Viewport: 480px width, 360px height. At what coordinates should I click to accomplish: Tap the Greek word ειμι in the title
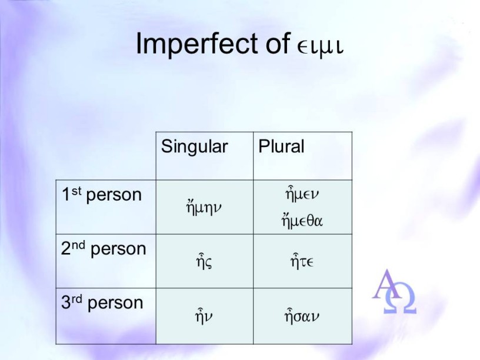pyautogui.click(x=320, y=48)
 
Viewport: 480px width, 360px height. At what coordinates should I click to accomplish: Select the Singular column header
pyautogui.click(x=194, y=146)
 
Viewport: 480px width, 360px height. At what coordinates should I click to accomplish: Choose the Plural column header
pyautogui.click(x=281, y=146)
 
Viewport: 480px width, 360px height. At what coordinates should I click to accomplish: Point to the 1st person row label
pyautogui.click(x=102, y=194)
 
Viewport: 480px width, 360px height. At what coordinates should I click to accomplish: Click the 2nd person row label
pyautogui.click(x=104, y=248)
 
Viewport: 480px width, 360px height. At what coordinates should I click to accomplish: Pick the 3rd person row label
pyautogui.click(x=102, y=302)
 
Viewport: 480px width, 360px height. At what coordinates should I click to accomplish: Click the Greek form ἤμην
pyautogui.click(x=204, y=207)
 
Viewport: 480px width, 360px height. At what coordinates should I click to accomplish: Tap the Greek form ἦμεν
pyautogui.click(x=302, y=194)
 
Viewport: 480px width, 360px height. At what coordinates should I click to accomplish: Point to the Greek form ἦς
pyautogui.click(x=204, y=261)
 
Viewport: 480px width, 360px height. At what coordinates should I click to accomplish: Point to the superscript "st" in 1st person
pyautogui.click(x=76, y=191)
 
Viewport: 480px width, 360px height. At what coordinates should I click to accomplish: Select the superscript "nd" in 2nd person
pyautogui.click(x=79, y=245)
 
